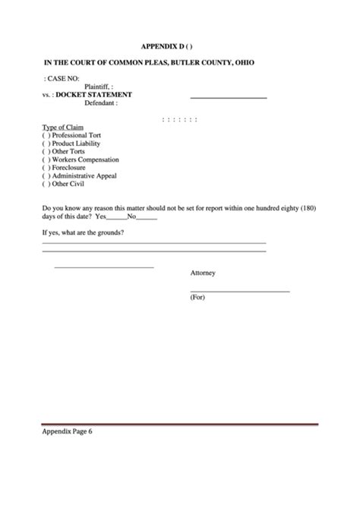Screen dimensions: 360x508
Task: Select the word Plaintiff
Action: point(101,87)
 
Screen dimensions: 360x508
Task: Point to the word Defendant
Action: point(101,103)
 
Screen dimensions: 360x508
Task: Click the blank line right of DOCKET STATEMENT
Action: point(228,97)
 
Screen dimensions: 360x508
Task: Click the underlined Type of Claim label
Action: point(62,127)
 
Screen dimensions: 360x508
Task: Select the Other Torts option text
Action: point(68,151)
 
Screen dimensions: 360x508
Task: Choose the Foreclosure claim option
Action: point(68,167)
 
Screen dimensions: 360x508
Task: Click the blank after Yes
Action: point(116,217)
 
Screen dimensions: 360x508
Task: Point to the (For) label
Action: point(197,298)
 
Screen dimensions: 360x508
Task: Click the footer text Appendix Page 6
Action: point(70,435)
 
